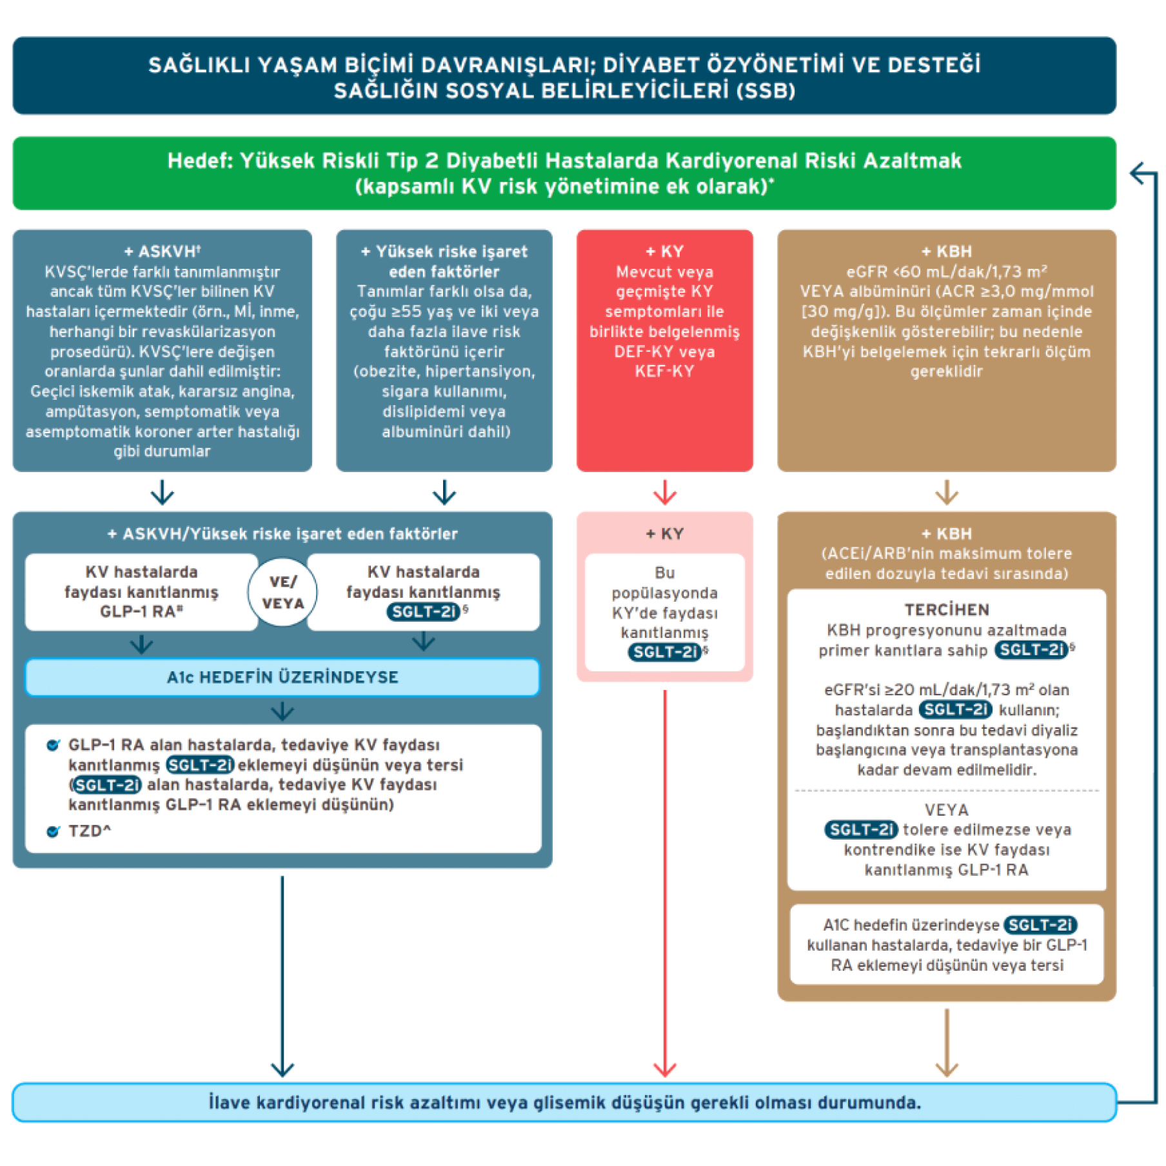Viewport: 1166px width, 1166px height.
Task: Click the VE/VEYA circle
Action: (282, 592)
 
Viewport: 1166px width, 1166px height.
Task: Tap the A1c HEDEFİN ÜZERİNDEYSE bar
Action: (282, 677)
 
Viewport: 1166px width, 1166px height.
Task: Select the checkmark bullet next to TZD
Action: (54, 831)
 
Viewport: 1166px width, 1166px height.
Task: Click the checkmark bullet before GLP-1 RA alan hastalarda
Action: (54, 746)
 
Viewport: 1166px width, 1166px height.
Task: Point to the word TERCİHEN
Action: (946, 609)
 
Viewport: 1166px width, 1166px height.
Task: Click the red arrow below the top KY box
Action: (664, 493)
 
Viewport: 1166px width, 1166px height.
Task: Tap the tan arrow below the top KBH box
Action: (946, 493)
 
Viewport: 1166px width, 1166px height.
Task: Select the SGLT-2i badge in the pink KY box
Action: (664, 652)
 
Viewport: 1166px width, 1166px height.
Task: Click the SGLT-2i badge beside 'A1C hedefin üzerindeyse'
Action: (1040, 925)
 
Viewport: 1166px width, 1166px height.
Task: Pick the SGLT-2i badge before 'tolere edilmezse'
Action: (860, 829)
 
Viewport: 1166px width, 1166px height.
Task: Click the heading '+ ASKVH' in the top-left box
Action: (163, 252)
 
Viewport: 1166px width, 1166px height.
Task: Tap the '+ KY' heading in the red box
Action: (664, 252)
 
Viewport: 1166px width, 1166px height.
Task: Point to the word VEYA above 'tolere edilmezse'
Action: (946, 809)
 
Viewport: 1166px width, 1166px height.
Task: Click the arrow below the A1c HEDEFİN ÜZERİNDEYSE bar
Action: (282, 711)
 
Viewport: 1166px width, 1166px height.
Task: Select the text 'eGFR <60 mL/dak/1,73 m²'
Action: (946, 272)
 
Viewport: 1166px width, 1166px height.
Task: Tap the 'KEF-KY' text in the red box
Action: (664, 371)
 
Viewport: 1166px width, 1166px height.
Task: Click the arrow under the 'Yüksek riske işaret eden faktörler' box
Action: (444, 493)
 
